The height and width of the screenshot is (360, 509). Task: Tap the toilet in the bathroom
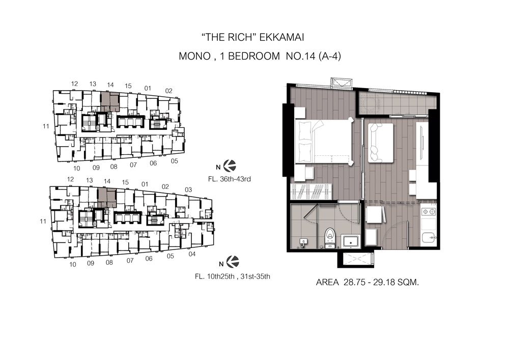pos(330,238)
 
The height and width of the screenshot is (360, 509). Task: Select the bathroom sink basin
pos(351,241)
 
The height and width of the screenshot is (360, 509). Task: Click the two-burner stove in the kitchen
pos(428,212)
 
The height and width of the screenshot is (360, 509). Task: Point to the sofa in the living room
pos(381,143)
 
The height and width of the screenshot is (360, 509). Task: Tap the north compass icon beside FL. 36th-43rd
pos(230,166)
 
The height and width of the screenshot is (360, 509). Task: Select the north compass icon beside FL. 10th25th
pos(233,262)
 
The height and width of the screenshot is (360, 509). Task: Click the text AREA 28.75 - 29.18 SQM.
pos(367,283)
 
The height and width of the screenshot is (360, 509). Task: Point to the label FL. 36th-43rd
pos(230,179)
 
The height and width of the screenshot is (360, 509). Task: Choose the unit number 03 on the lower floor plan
pos(188,189)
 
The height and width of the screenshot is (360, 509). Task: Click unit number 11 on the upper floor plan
pos(46,126)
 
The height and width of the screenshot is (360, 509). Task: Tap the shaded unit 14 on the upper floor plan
pos(110,102)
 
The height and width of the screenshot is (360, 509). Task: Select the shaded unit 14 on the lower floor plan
pos(107,198)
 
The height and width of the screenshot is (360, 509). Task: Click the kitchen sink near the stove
pos(429,238)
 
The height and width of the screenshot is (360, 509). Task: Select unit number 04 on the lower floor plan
pos(192,254)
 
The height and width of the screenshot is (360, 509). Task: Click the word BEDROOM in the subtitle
pos(254,56)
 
